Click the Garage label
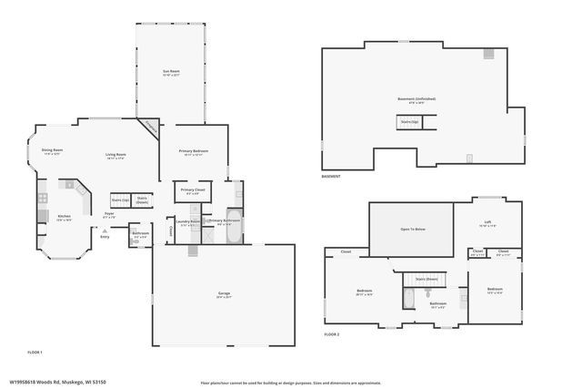pos(224,293)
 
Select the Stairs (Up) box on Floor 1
pos(120,199)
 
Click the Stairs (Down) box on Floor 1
pos(142,199)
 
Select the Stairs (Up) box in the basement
pos(410,120)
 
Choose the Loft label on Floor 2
pos(488,222)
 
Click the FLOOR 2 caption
pos(332,335)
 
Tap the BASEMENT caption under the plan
pos(332,176)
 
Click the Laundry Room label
pos(188,221)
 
